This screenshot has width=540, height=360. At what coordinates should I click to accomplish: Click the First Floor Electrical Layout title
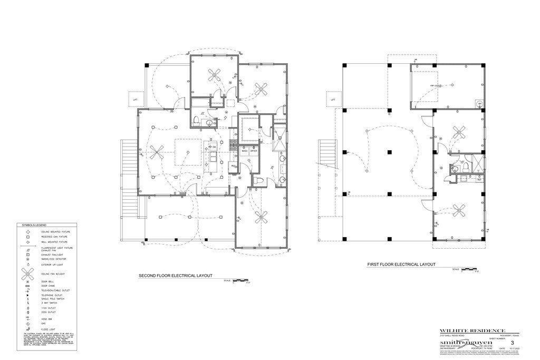pyautogui.click(x=400, y=265)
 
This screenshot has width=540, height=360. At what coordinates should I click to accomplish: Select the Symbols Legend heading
pyautogui.click(x=34, y=225)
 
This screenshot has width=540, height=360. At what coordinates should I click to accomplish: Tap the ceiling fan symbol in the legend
pyautogui.click(x=27, y=274)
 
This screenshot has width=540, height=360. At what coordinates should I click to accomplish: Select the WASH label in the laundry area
pyautogui.click(x=245, y=151)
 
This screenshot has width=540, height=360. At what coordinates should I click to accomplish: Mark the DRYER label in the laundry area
pyautogui.click(x=253, y=151)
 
